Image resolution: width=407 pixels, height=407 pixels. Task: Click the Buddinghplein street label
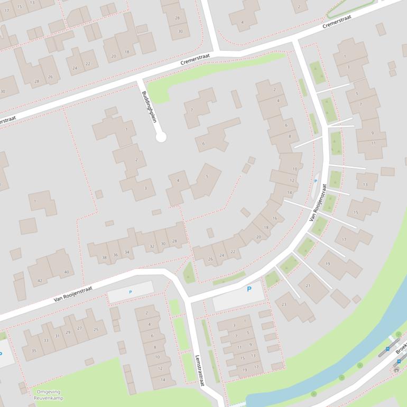click(x=149, y=107)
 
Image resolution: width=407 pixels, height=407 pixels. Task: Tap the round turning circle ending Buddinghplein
click(x=161, y=137)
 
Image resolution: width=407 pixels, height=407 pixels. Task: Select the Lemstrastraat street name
click(x=199, y=370)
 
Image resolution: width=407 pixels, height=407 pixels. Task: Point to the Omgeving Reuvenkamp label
click(x=48, y=395)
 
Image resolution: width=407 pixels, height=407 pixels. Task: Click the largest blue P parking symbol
click(x=249, y=289)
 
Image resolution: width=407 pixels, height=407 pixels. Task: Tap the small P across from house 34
click(x=130, y=292)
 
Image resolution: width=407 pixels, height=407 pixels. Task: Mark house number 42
click(x=40, y=281)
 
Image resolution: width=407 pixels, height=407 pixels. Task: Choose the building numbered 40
click(x=66, y=272)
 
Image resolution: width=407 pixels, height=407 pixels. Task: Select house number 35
click(x=34, y=350)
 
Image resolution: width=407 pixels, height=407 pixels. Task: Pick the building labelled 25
click(x=96, y=329)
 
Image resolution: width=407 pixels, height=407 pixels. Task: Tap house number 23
click(x=284, y=304)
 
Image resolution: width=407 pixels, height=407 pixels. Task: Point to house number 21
click(x=309, y=285)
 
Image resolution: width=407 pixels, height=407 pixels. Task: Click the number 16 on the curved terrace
click(x=275, y=218)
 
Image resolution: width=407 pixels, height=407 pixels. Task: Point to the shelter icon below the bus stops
click(x=396, y=370)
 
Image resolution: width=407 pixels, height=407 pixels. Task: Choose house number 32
click(x=152, y=246)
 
